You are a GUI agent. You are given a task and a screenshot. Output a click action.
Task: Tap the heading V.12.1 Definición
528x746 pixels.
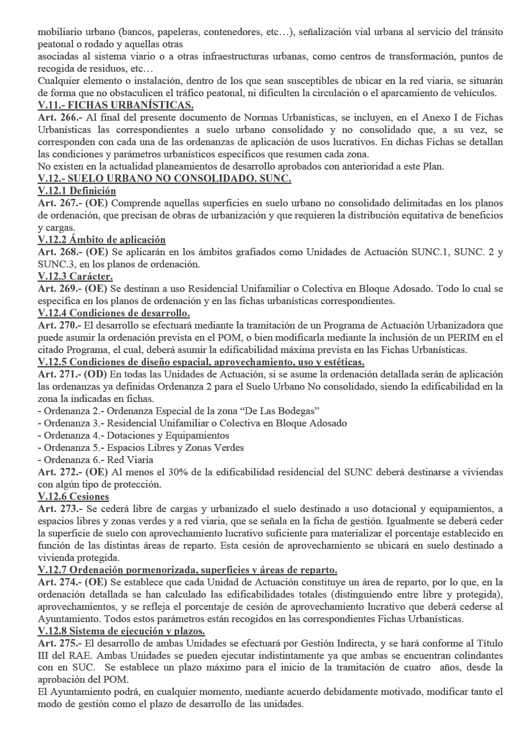tap(77, 191)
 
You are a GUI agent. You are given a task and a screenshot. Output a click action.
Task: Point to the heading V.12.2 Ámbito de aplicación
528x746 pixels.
tap(102, 240)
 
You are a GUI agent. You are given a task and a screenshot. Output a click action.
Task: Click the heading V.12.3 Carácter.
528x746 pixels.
tap(75, 276)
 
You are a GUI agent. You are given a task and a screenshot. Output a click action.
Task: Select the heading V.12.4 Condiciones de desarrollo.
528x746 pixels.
tap(114, 313)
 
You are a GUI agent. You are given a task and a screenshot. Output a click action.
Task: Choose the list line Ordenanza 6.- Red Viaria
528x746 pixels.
tap(95, 460)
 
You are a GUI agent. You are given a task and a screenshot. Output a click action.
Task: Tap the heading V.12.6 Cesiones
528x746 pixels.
tap(73, 497)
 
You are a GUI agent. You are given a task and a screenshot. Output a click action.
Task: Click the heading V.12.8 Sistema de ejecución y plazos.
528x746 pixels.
tap(121, 631)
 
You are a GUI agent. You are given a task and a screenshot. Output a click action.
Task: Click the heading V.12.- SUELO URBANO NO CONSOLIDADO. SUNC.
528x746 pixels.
tap(164, 179)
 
